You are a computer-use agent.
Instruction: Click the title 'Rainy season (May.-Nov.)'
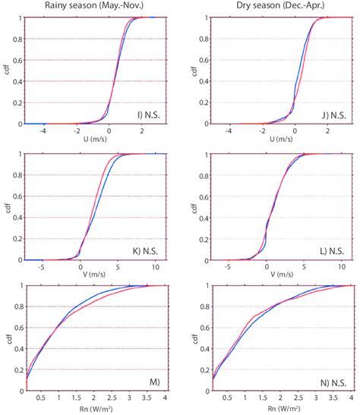pyautogui.click(x=95, y=7)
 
